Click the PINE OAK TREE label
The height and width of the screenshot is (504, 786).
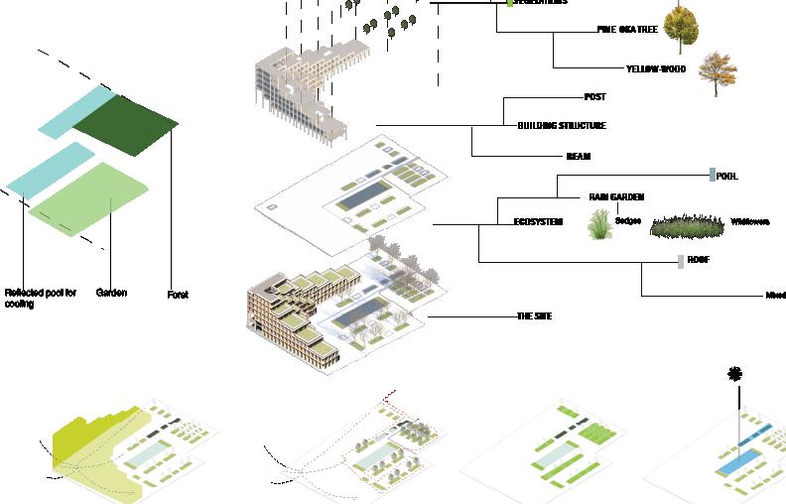626,30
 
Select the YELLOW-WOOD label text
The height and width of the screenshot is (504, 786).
656,68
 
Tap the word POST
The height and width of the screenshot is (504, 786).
594,97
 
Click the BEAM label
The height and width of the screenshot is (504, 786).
578,156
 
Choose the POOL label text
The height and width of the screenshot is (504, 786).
726,176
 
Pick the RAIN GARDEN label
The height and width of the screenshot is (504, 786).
616,197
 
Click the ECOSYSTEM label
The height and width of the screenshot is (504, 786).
538,222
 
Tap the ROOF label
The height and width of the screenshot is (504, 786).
698,260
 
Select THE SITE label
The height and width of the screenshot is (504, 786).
534,316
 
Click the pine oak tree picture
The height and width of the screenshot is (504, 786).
681,28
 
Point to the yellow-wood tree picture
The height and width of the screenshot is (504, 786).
718,72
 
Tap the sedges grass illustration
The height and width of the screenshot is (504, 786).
600,223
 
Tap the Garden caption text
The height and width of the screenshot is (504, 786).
111,293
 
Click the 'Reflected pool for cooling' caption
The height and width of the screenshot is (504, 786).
40,298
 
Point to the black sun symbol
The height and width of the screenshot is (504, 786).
735,374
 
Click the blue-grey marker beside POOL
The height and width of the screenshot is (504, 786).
712,175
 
